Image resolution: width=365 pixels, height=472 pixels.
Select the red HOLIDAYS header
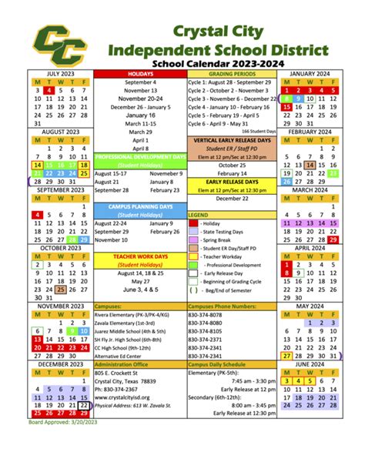click(x=139, y=73)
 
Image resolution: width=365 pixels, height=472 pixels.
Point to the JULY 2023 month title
click(x=60, y=73)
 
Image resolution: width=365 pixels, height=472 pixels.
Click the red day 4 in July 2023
click(x=49, y=91)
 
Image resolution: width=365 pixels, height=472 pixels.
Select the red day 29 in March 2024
click(x=333, y=239)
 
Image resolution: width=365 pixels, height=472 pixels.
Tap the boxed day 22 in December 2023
click(x=83, y=406)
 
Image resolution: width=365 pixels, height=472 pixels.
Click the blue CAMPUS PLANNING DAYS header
click(x=139, y=207)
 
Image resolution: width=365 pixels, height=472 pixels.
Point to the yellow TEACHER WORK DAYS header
click(x=139, y=256)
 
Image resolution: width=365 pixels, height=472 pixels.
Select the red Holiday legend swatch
click(x=193, y=223)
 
